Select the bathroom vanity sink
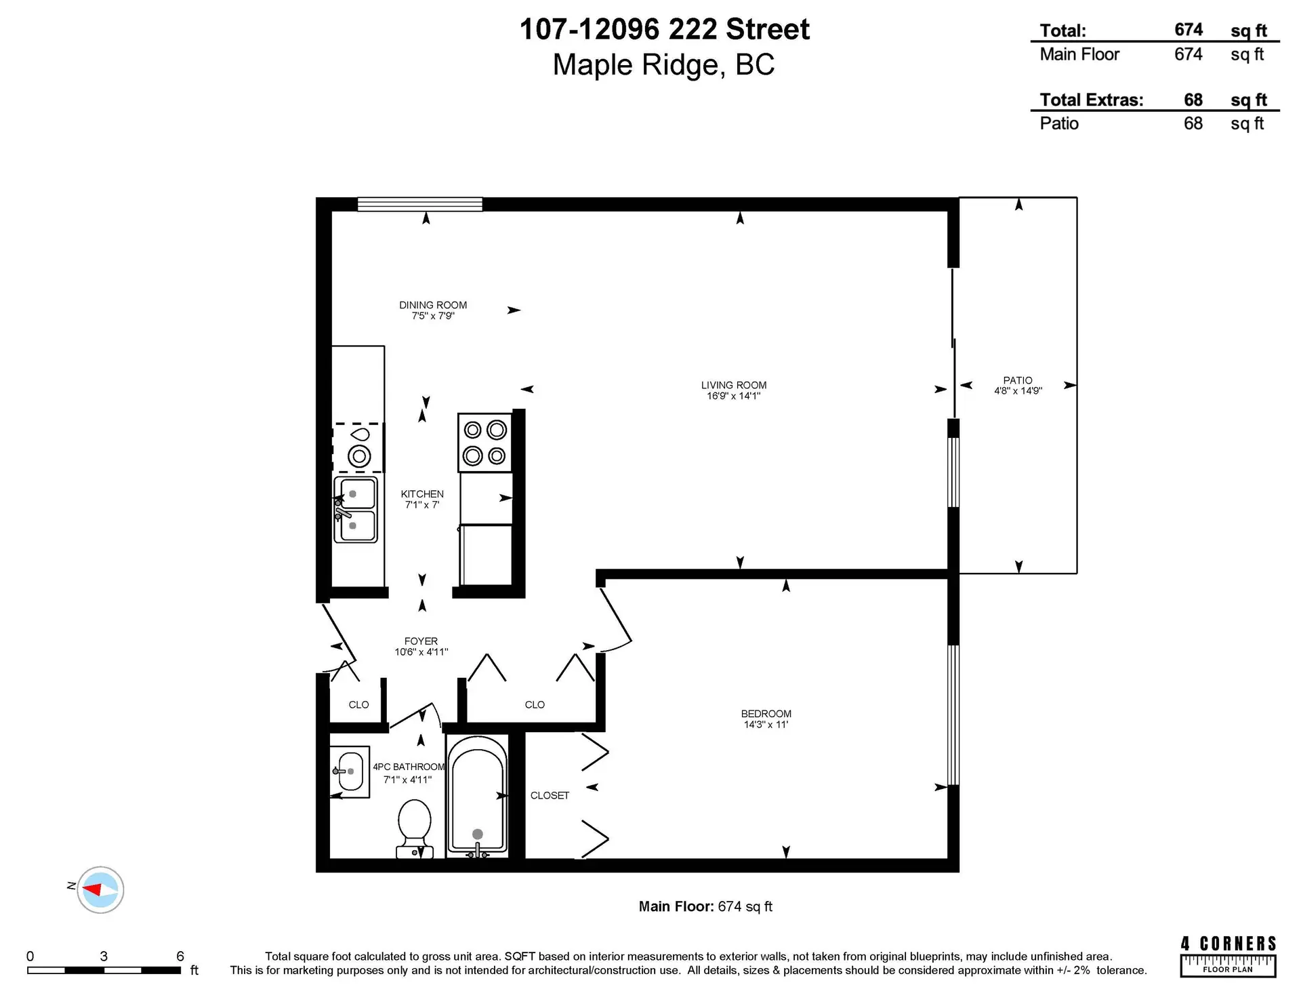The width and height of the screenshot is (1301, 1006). tap(350, 771)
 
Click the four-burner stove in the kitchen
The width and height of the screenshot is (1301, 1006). tap(484, 442)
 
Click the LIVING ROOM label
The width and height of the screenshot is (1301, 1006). tap(733, 385)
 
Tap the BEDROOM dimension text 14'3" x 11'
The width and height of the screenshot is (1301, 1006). tap(766, 725)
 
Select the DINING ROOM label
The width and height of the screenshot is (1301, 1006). tap(432, 305)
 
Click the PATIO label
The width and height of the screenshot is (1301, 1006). tap(1017, 380)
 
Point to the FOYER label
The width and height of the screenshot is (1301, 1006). tap(421, 641)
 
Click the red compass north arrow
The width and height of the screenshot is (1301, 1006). tap(93, 889)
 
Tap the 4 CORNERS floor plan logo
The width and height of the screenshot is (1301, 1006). tap(1228, 956)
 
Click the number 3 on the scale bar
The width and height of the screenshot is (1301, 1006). tap(104, 957)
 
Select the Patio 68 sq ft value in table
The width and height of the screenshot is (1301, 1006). tap(1193, 123)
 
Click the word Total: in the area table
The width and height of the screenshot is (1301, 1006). tap(1062, 31)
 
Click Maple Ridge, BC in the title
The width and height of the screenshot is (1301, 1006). tap(663, 65)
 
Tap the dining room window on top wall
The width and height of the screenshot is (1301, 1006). tap(419, 204)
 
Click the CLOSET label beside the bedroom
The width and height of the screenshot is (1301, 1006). tap(550, 795)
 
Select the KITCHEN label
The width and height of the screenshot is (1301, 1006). tap(421, 494)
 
